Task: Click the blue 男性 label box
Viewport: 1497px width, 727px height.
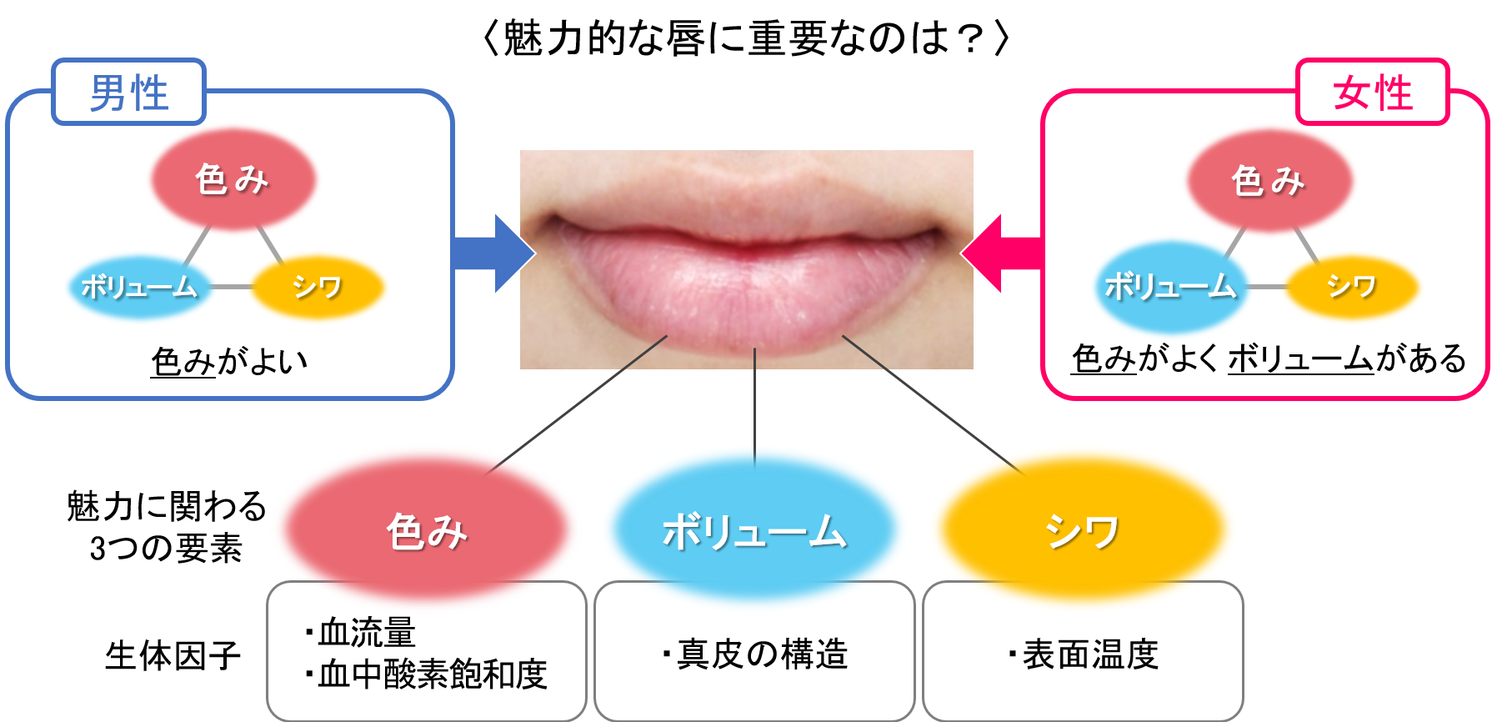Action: point(128,92)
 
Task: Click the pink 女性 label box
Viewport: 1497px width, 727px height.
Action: point(1372,92)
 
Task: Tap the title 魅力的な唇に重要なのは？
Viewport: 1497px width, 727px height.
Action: point(746,38)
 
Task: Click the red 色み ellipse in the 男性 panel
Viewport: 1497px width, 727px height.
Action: point(233,179)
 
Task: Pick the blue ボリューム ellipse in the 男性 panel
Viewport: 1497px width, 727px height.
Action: point(139,287)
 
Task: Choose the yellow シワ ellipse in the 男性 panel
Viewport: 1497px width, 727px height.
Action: point(318,287)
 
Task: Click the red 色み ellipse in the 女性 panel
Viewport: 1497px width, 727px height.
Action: point(1269,181)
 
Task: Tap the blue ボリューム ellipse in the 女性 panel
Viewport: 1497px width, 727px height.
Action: point(1170,287)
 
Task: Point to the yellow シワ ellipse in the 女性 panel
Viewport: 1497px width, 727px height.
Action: point(1351,287)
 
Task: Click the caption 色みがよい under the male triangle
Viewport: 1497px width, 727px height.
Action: point(229,362)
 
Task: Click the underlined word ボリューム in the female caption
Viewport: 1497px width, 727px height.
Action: point(1299,359)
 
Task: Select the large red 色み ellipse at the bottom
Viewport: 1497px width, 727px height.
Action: point(426,529)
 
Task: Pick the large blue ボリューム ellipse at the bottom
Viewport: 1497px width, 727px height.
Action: point(754,529)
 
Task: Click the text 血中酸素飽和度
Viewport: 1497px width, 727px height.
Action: point(432,674)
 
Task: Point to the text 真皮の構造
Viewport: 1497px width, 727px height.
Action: point(762,654)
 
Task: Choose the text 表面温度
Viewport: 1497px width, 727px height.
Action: point(1090,654)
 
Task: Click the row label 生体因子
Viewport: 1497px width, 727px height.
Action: point(173,655)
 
